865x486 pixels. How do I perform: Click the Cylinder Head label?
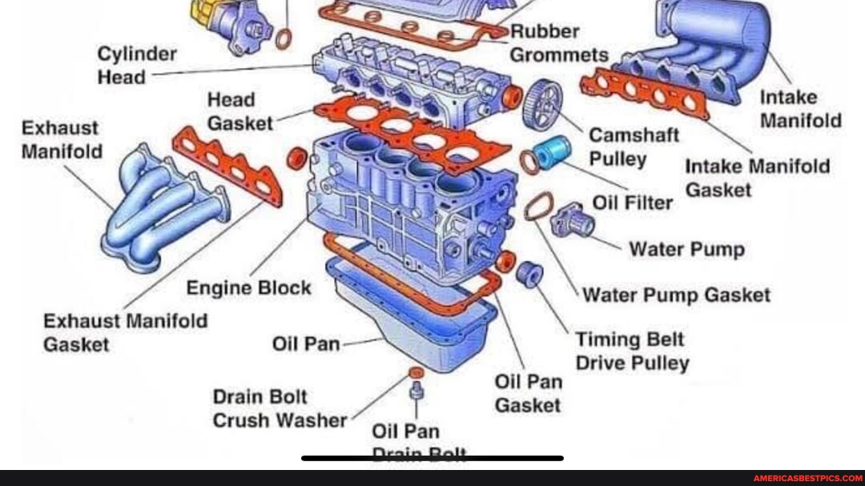coord(136,65)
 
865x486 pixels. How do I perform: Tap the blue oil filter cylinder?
coord(554,151)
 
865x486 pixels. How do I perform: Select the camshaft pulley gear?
coord(542,103)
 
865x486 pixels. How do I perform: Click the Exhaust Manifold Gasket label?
coord(124,332)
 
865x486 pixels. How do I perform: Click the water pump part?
coord(574,219)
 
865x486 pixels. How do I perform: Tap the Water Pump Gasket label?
coord(675,295)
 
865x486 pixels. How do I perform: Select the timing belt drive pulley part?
coord(529,274)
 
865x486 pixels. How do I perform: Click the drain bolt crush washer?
coord(415,373)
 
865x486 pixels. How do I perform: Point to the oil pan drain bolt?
coord(416,392)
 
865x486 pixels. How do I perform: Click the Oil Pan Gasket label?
coord(528,393)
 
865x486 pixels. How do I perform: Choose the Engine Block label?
coord(248,287)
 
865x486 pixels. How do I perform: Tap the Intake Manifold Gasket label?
coord(757,178)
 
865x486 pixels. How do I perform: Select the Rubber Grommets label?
coord(558,43)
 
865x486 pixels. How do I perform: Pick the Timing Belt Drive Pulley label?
coord(631,351)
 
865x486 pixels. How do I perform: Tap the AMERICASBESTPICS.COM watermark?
coord(807,478)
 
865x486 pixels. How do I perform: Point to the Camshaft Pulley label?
coord(634,147)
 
